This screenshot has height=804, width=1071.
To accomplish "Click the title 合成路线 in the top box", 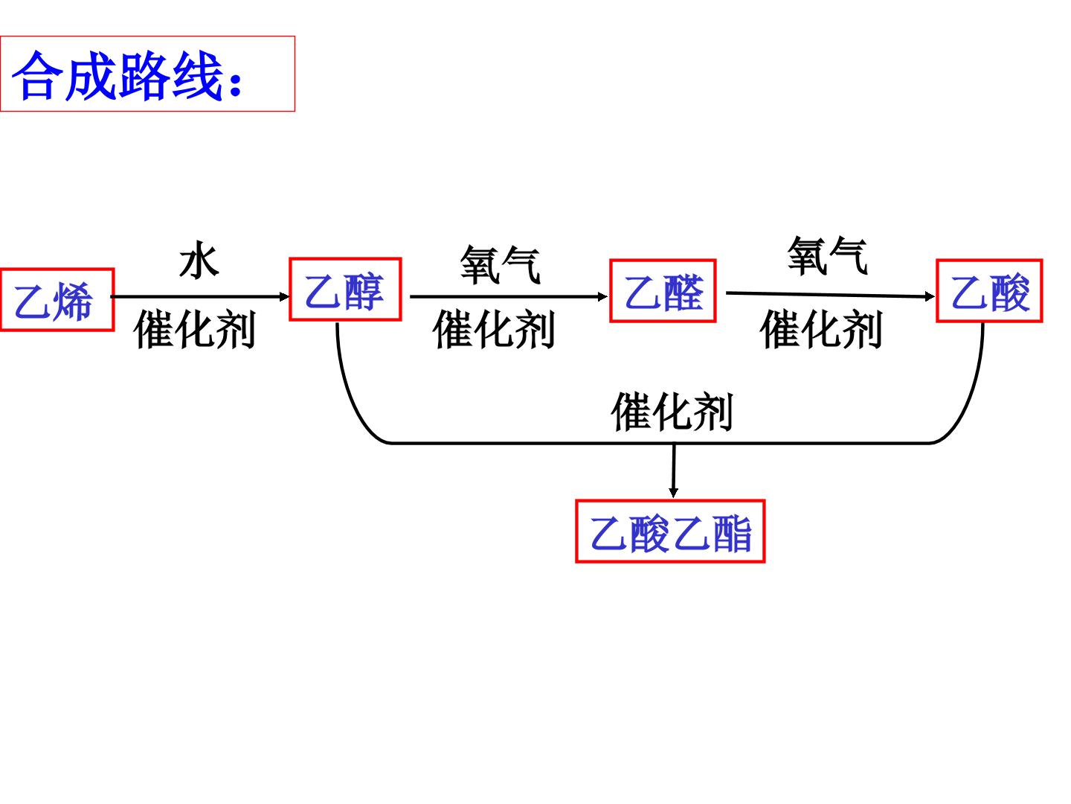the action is click(117, 76).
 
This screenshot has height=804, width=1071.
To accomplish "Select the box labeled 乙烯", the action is click(57, 299).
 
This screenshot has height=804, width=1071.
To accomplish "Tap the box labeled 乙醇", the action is click(345, 289).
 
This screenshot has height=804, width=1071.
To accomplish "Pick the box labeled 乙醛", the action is click(663, 291).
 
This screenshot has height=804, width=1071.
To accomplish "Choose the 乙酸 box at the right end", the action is click(989, 291).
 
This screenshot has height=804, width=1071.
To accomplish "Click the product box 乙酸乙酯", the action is click(670, 532).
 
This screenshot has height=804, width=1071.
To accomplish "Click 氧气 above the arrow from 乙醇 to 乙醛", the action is click(500, 265).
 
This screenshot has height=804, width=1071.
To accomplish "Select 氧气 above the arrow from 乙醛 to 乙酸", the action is click(827, 256).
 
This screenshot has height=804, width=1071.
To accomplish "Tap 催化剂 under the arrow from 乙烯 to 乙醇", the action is click(194, 330).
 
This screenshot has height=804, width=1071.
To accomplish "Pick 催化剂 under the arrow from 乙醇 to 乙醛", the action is click(493, 330).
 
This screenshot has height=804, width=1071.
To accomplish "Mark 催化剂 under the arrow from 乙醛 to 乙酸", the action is click(820, 330).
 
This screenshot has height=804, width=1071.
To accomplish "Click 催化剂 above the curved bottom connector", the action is click(672, 412).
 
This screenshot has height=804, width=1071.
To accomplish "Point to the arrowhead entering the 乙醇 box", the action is click(284, 296).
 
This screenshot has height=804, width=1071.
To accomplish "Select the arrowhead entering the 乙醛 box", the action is click(602, 296).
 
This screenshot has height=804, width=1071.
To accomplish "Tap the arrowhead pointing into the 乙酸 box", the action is click(929, 296).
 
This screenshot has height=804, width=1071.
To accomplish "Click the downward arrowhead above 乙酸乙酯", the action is click(673, 492).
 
